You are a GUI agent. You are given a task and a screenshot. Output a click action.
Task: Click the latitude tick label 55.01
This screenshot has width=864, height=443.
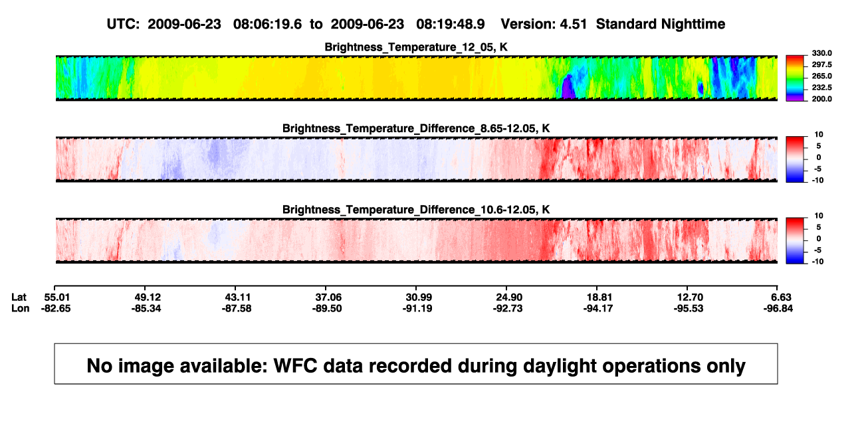tap(56, 298)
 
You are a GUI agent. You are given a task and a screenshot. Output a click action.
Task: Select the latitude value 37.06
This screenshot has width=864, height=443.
tap(328, 298)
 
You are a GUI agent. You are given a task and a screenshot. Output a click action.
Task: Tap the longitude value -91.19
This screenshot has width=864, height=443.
tap(417, 308)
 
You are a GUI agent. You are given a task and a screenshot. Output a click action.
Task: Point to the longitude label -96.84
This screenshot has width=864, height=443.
tap(778, 308)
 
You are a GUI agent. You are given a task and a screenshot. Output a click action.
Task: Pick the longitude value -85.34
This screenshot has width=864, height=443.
tap(146, 308)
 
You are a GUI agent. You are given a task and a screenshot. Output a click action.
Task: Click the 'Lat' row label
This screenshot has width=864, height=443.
tap(19, 298)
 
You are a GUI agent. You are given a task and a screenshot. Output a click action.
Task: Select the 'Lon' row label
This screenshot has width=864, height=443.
tap(20, 308)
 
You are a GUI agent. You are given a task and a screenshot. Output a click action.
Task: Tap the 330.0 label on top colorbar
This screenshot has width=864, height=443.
tap(821, 53)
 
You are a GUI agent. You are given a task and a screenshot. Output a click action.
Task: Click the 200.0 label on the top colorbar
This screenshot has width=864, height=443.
tap(821, 99)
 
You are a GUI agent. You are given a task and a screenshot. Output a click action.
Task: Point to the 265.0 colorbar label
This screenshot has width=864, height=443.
tap(821, 76)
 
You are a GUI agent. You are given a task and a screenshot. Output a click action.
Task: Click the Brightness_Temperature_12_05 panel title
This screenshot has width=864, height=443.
tap(416, 47)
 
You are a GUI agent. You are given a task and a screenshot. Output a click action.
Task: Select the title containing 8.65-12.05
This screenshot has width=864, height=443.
tap(416, 128)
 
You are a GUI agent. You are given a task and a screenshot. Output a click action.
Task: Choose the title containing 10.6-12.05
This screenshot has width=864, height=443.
tap(416, 210)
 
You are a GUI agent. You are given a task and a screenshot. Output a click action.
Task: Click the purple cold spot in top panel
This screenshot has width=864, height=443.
tap(568, 88)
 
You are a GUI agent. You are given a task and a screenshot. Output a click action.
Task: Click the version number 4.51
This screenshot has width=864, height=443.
tap(574, 25)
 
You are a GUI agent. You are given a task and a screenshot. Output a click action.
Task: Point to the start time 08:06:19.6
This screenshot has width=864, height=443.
tap(267, 25)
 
